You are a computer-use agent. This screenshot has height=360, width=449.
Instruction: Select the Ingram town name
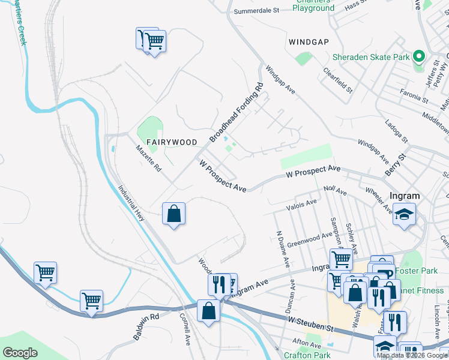click(404, 196)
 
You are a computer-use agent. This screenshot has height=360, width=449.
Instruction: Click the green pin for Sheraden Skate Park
click(420, 58)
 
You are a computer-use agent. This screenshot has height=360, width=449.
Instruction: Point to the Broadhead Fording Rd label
click(237, 113)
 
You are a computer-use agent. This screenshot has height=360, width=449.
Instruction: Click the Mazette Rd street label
click(148, 158)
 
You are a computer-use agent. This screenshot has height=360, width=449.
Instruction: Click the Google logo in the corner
click(20, 353)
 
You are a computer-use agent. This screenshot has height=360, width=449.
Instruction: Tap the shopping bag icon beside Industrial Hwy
click(173, 214)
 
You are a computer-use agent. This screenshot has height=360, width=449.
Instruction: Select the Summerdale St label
click(257, 11)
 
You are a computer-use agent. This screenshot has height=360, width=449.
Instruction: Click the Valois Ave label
click(302, 204)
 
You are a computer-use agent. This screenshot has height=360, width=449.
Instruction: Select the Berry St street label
click(396, 163)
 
